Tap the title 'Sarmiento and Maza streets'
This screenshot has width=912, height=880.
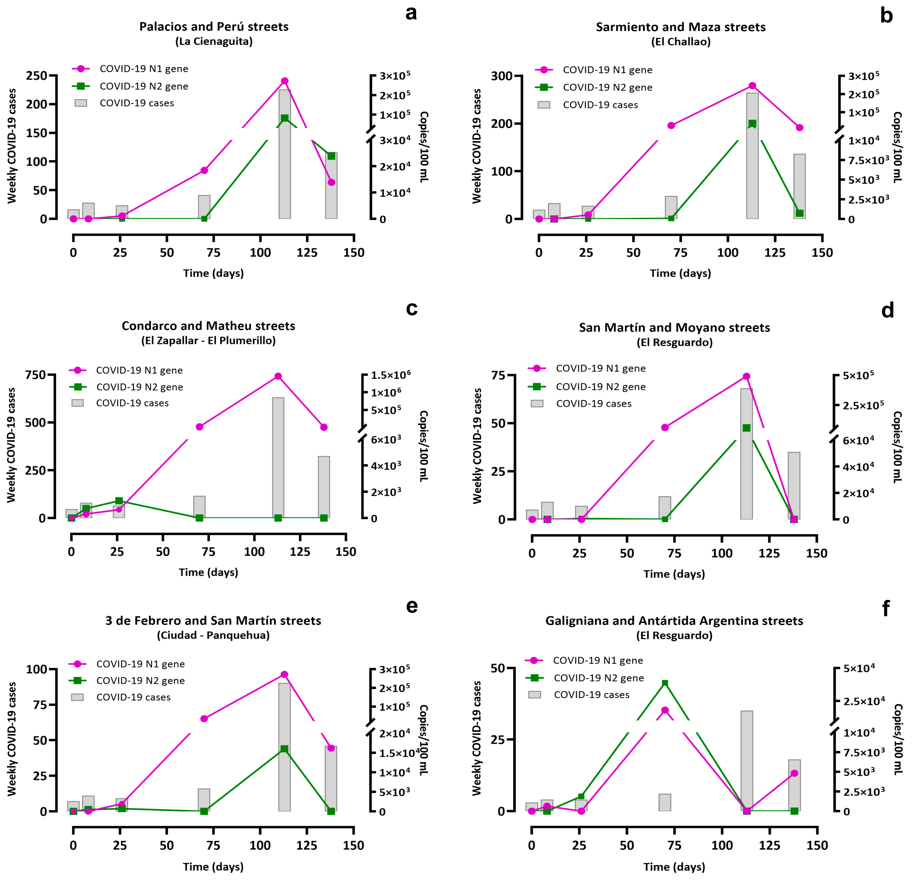tap(681, 27)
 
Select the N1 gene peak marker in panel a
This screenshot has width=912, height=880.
tap(285, 81)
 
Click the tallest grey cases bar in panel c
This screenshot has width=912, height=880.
tap(278, 458)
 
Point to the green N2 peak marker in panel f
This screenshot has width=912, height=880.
tap(665, 683)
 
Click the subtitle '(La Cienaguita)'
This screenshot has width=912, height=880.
tap(214, 41)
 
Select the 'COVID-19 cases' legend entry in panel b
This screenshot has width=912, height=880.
tap(588, 105)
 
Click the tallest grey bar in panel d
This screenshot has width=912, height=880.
tap(746, 454)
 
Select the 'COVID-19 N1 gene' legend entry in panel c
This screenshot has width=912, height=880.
tap(126, 370)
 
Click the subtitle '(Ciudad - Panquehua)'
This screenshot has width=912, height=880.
tap(213, 636)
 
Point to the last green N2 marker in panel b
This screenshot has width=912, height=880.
tap(799, 213)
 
